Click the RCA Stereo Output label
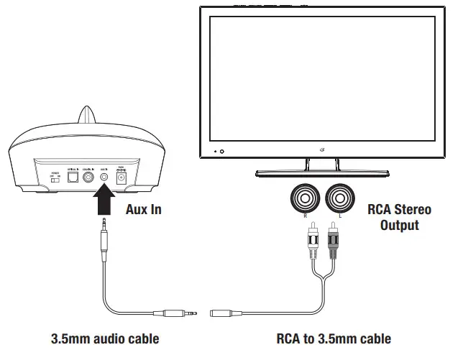coord(399,218)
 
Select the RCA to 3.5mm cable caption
coord(334,338)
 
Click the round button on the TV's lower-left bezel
coord(221,152)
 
